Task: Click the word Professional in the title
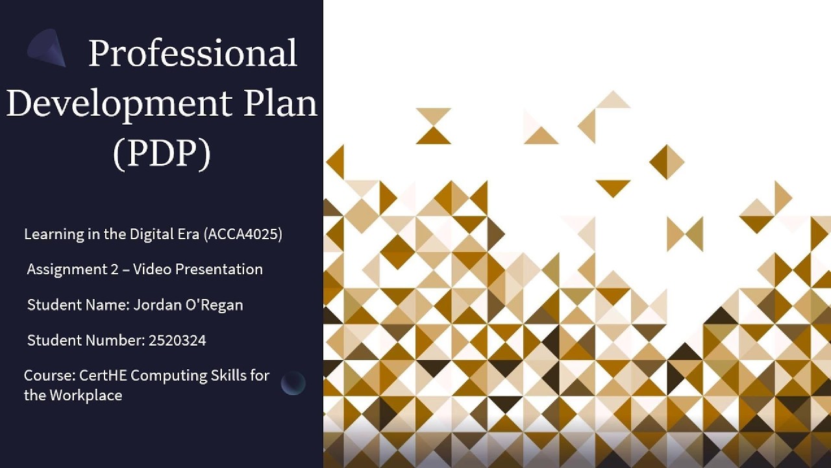point(193,53)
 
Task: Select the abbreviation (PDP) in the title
point(162,153)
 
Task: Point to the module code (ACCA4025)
point(243,235)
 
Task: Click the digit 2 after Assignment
point(111,270)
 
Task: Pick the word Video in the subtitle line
point(150,270)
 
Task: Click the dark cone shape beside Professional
point(49,48)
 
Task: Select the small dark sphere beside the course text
point(293,383)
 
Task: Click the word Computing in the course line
point(163,376)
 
